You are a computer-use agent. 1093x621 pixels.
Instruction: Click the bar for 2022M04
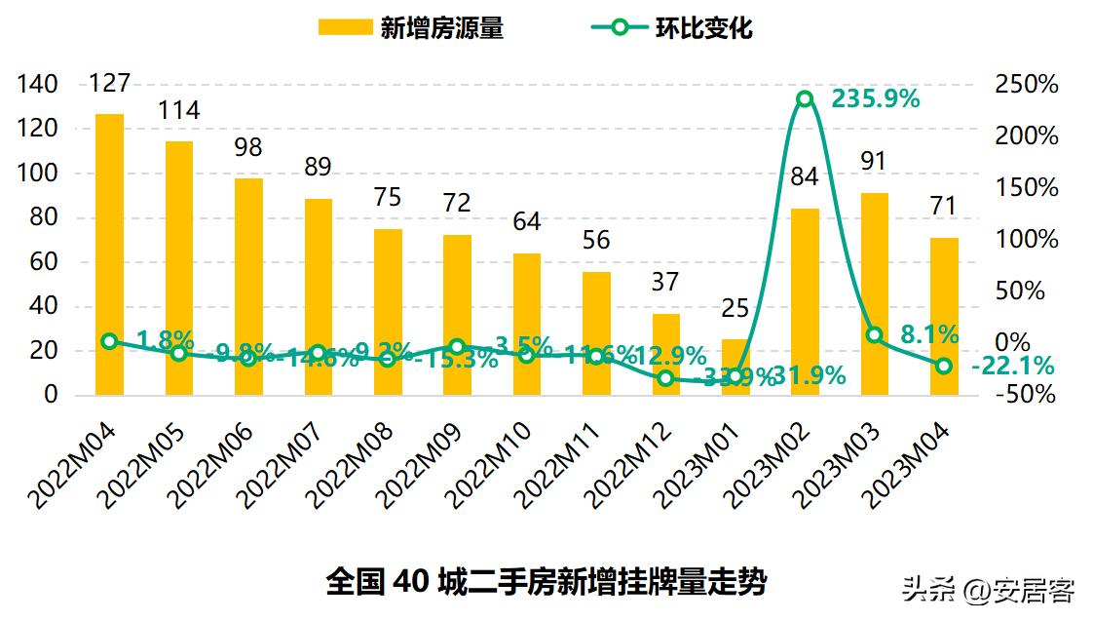click(x=109, y=254)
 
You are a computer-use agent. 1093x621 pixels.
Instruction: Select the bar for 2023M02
click(x=805, y=301)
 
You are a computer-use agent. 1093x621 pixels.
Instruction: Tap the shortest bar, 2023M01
click(x=735, y=367)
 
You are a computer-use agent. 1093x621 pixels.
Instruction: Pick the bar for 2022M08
click(x=388, y=312)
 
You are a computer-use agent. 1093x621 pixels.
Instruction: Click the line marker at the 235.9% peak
click(x=805, y=98)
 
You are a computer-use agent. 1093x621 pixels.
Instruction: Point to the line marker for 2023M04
click(x=944, y=366)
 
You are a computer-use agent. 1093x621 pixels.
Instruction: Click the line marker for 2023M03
click(x=874, y=334)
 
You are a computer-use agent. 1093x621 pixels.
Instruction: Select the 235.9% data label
click(x=875, y=98)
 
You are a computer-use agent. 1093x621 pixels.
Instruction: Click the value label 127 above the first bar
click(x=109, y=84)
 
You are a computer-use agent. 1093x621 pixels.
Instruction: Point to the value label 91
click(x=874, y=161)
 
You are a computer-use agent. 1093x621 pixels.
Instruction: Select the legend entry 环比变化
click(x=671, y=27)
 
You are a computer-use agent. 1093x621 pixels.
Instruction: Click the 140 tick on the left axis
click(x=38, y=85)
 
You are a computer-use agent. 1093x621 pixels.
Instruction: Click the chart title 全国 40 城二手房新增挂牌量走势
click(x=546, y=582)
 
